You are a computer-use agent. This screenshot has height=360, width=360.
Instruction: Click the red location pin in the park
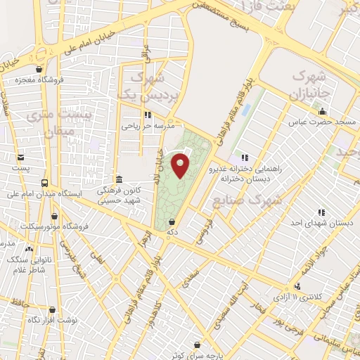pos(181,165)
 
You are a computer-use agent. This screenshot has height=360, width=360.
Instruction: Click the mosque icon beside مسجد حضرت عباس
pos(323,111)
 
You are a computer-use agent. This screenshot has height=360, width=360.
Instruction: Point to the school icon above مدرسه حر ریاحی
pos(148,115)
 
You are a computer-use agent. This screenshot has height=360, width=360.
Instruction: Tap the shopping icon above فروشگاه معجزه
pos(40,69)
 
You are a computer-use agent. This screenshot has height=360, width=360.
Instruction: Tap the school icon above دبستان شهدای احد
pos(321,212)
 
